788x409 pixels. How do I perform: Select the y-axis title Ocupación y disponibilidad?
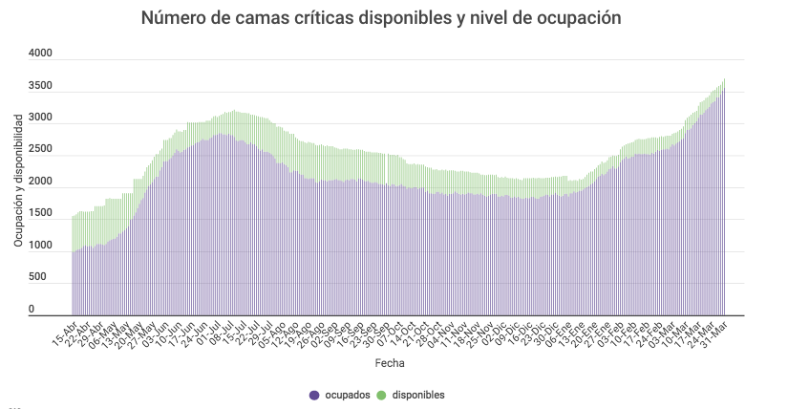[19, 182]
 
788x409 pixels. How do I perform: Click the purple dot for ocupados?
[313, 395]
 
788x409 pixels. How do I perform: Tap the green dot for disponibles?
[381, 395]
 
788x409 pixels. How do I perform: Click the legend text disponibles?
[418, 395]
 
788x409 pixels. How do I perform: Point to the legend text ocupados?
[346, 395]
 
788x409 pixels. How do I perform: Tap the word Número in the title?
[172, 18]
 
